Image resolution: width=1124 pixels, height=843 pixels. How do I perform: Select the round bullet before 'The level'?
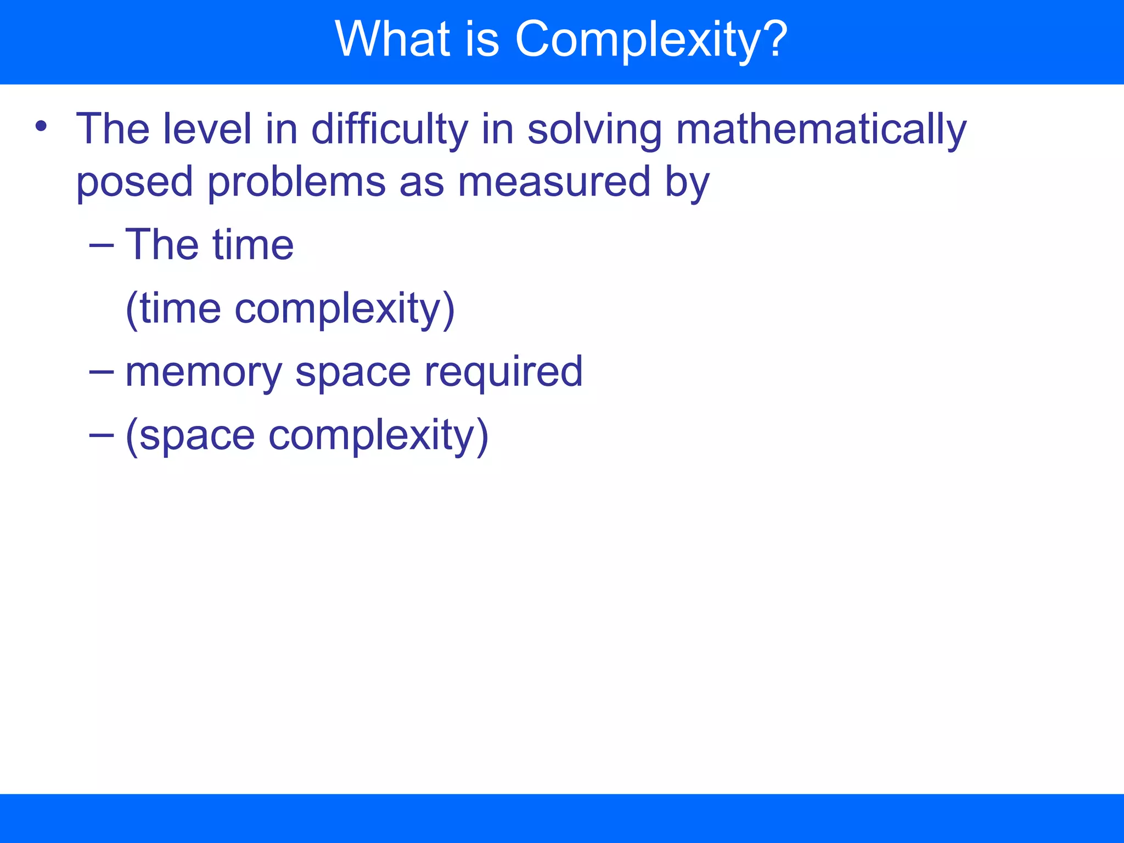coord(41,127)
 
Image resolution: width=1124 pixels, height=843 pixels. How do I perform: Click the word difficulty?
coord(390,129)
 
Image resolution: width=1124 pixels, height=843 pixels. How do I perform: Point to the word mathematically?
coord(821,129)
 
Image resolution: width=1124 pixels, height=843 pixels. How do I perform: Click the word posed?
coord(134,182)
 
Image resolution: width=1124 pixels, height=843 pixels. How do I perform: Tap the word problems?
coord(296,182)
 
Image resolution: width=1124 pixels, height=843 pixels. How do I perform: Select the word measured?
coord(554,182)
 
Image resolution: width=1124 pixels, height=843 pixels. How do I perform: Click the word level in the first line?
coord(207,129)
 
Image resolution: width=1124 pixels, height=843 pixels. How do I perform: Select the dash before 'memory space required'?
coord(102,372)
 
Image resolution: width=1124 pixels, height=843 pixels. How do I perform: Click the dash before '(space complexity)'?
coord(102,435)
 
